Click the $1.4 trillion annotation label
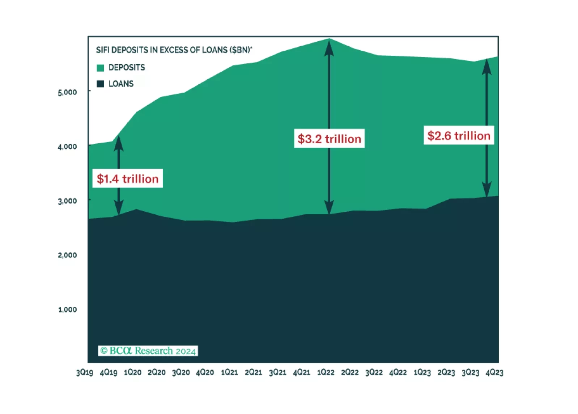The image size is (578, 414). pyautogui.click(x=127, y=178)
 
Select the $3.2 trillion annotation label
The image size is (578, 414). pyautogui.click(x=329, y=139)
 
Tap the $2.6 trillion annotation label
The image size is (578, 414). pyautogui.click(x=459, y=136)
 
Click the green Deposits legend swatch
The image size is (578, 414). pyautogui.click(x=101, y=68)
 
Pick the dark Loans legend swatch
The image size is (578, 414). pyautogui.click(x=101, y=84)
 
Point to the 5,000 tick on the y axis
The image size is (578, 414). pyautogui.click(x=67, y=92)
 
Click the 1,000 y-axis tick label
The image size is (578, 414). pyautogui.click(x=67, y=309)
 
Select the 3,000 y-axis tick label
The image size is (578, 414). pyautogui.click(x=67, y=201)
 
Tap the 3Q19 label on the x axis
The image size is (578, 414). pyautogui.click(x=85, y=372)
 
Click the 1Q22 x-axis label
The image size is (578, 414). pyautogui.click(x=326, y=372)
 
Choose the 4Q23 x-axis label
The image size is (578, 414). pyautogui.click(x=494, y=372)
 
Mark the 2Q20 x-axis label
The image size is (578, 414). pyautogui.click(x=157, y=372)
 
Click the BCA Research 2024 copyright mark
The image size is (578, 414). pyautogui.click(x=148, y=351)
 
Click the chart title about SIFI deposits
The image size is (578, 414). pyautogui.click(x=174, y=50)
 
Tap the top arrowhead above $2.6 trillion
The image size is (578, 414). pyautogui.click(x=487, y=67)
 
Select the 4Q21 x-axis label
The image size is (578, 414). pyautogui.click(x=302, y=372)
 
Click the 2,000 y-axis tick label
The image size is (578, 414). pyautogui.click(x=67, y=255)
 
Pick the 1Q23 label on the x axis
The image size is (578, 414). pyautogui.click(x=422, y=372)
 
